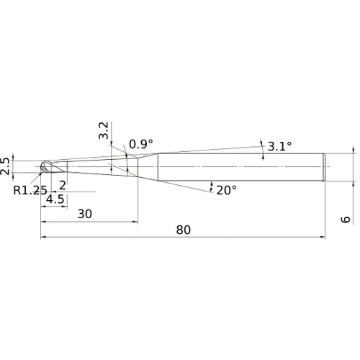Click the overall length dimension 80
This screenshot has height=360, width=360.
click(184, 230)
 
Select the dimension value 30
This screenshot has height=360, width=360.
click(85, 214)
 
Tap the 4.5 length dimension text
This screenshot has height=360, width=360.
click(55, 199)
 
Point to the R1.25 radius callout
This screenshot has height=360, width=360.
click(30, 191)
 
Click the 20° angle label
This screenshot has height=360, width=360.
click(226, 190)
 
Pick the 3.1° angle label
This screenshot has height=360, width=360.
click(280, 146)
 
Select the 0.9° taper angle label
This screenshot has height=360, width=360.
click(141, 144)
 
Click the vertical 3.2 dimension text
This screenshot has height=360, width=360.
click(104, 130)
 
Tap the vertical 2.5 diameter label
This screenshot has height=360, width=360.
click(5, 166)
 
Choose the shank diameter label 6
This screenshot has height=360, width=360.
click(346, 220)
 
